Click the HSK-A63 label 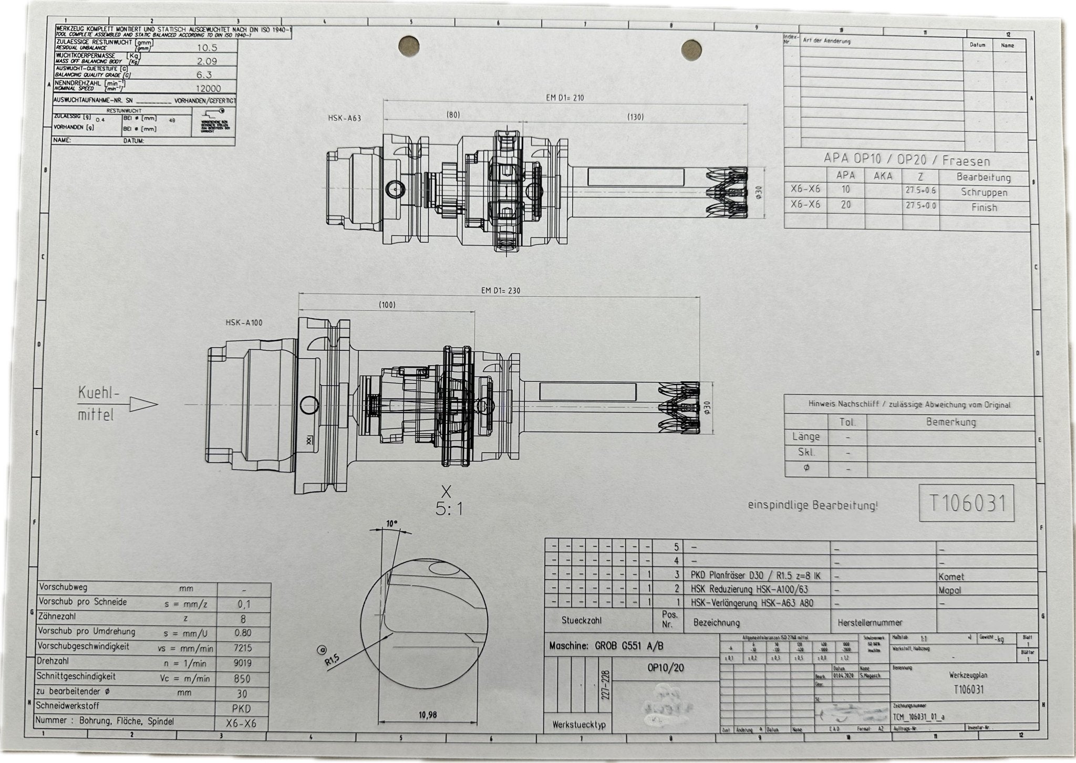(x=344, y=118)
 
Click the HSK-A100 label (x=244, y=323)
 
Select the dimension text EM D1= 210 (x=565, y=98)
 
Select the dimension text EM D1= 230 (x=501, y=290)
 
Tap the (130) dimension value (x=635, y=117)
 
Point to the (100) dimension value (x=387, y=305)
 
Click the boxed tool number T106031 (x=967, y=504)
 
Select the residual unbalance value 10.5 (x=207, y=47)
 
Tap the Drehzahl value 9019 (x=242, y=663)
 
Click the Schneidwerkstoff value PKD (x=241, y=708)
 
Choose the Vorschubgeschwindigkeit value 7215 (x=242, y=649)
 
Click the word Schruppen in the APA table (x=984, y=192)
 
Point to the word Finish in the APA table (x=984, y=207)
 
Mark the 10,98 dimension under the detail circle (x=428, y=715)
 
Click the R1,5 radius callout (x=333, y=660)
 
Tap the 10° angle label (x=392, y=524)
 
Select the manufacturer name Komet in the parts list (x=951, y=577)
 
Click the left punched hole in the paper (x=409, y=46)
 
